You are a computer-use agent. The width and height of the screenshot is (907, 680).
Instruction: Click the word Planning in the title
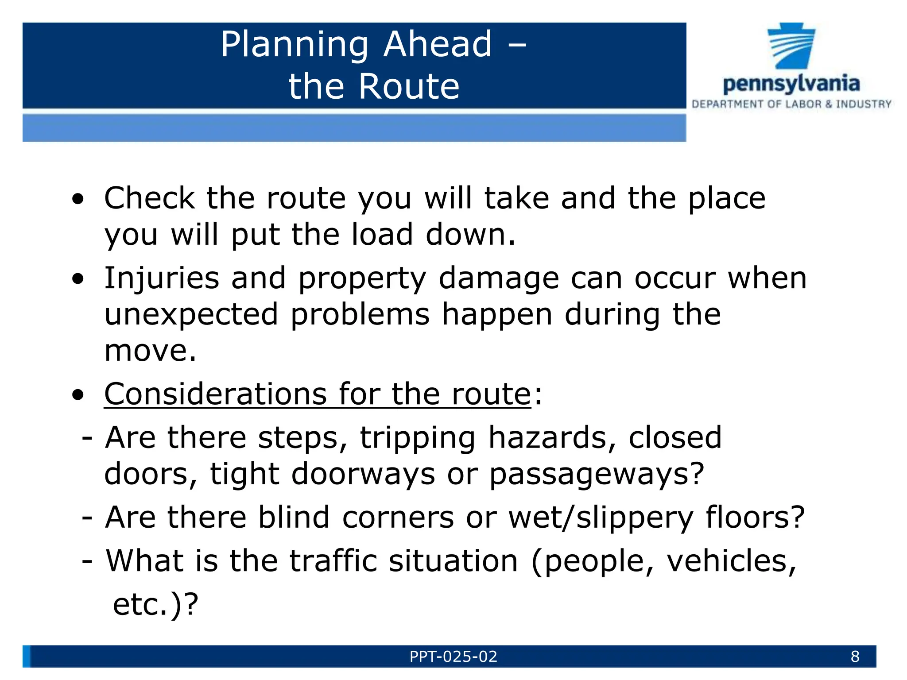(x=294, y=45)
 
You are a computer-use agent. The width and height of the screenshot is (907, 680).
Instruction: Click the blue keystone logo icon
(x=791, y=46)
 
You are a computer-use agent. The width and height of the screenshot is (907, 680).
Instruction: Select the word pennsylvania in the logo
(x=791, y=84)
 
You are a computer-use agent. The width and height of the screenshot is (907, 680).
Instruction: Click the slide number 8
(x=855, y=657)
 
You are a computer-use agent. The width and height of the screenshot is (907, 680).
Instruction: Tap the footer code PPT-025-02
(x=453, y=657)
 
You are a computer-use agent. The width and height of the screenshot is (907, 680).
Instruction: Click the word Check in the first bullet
(x=149, y=198)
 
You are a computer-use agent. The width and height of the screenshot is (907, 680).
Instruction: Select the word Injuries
(x=161, y=279)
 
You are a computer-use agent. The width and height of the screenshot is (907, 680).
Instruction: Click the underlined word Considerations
(x=215, y=394)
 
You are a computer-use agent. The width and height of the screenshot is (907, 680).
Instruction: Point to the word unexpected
(x=191, y=315)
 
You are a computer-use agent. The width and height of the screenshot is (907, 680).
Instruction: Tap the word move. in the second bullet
(x=150, y=351)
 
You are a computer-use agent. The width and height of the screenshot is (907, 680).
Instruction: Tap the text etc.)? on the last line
(x=155, y=604)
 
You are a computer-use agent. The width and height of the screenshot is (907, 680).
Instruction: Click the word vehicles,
(x=731, y=561)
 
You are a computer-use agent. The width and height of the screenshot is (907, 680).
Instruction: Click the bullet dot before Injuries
(x=78, y=279)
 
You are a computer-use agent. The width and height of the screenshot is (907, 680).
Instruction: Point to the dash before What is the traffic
(x=87, y=561)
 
